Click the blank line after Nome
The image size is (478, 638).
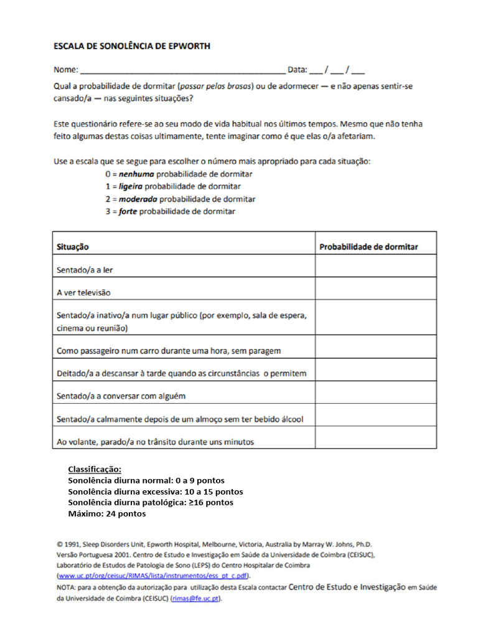click(183, 70)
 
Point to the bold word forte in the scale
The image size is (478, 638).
click(128, 211)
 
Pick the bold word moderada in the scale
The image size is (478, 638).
click(138, 199)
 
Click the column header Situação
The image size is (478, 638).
click(73, 247)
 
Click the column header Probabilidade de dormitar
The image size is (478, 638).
click(368, 247)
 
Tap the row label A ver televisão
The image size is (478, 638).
click(83, 292)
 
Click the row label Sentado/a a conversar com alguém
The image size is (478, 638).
click(121, 396)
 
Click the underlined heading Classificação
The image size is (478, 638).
click(94, 469)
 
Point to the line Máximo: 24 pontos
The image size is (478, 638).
click(106, 514)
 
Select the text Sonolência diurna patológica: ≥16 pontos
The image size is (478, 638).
click(151, 503)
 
